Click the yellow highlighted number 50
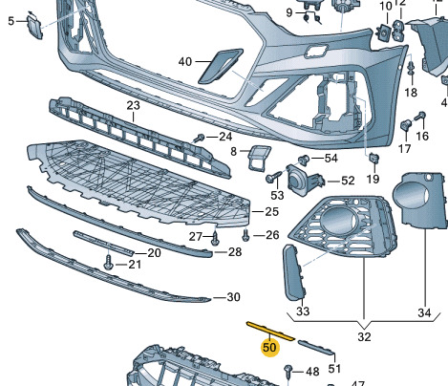pyautogui.click(x=269, y=347)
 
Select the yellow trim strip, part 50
pyautogui.click(x=270, y=332)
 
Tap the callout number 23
pyautogui.click(x=133, y=105)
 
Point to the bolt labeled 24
pyautogui.click(x=200, y=139)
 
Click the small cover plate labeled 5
pyautogui.click(x=34, y=28)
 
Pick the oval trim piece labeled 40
pyautogui.click(x=221, y=66)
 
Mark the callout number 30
pyautogui.click(x=233, y=297)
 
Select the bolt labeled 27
pyautogui.click(x=215, y=239)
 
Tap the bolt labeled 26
pyautogui.click(x=245, y=236)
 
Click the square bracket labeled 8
pyautogui.click(x=259, y=158)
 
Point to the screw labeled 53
pyautogui.click(x=273, y=177)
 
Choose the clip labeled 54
pyautogui.click(x=304, y=161)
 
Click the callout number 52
pyautogui.click(x=348, y=181)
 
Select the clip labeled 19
pyautogui.click(x=373, y=159)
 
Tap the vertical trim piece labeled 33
pyautogui.click(x=294, y=272)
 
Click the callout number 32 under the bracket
pyautogui.click(x=364, y=336)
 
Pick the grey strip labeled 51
pyautogui.click(x=316, y=347)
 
